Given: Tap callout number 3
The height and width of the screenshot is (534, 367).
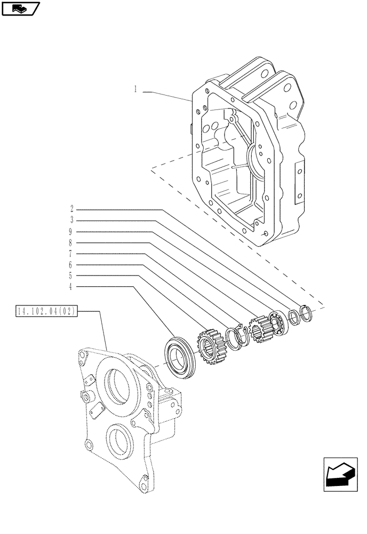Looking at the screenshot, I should pos(71,219).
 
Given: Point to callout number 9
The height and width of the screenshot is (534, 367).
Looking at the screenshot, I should pos(71,231).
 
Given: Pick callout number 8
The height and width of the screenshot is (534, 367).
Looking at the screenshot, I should pos(71,242).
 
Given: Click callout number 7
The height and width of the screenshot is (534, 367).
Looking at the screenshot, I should pos(71,254).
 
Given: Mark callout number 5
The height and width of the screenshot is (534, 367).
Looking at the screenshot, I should pos(71,276).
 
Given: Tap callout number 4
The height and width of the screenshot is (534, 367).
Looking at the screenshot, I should pos(71,287).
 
